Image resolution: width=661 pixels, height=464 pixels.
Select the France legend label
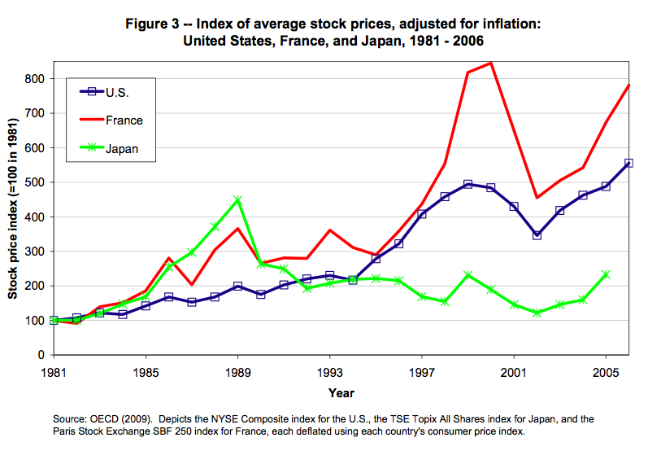coord(124,120)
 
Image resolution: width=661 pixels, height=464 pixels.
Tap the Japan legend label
coord(123,149)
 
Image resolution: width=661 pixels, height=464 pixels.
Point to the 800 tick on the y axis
coord(33,79)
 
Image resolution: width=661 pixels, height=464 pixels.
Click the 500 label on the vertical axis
coord(33,182)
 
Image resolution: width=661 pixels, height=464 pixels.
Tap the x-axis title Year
coord(341,393)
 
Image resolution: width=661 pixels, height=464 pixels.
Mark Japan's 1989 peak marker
coord(237,200)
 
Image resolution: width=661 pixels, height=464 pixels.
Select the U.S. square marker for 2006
coord(628,163)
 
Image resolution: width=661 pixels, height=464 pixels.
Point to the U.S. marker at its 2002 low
coord(537,235)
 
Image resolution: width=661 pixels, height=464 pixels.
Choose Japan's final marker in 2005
coord(606,274)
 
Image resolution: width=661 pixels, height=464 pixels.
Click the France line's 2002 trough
coord(537,197)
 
